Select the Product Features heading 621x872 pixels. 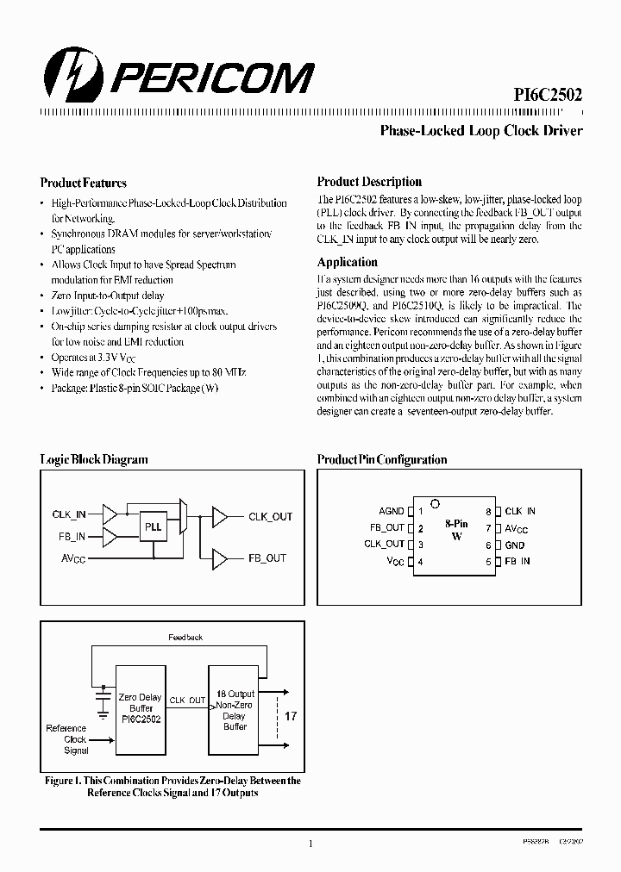83,183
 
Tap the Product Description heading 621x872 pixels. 369,182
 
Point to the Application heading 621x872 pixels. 347,262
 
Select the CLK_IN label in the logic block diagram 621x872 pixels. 69,514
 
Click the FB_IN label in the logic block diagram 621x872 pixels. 69,535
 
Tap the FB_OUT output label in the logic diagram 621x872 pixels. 267,557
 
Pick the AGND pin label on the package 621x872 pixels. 391,512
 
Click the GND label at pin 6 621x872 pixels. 514,545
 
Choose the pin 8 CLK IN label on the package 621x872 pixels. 519,512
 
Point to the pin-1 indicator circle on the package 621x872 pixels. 436,504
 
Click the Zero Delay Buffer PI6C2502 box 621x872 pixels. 141,708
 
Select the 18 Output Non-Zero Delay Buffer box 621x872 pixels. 235,708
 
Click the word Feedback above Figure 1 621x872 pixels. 185,637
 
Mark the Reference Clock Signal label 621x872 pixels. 66,739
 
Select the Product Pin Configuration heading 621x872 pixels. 381,459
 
